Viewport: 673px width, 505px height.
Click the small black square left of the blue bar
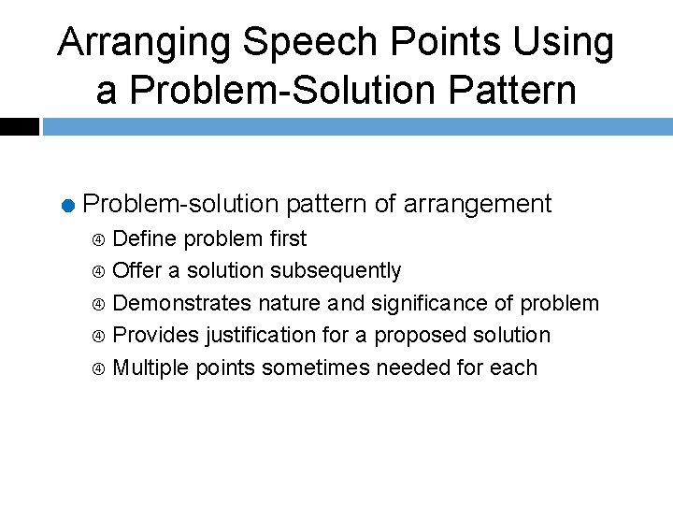coord(19,126)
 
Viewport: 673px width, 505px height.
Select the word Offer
coord(136,271)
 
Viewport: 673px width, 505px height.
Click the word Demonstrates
coord(181,303)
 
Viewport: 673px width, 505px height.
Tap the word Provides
coord(155,335)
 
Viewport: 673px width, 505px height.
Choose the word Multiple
coord(150,368)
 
